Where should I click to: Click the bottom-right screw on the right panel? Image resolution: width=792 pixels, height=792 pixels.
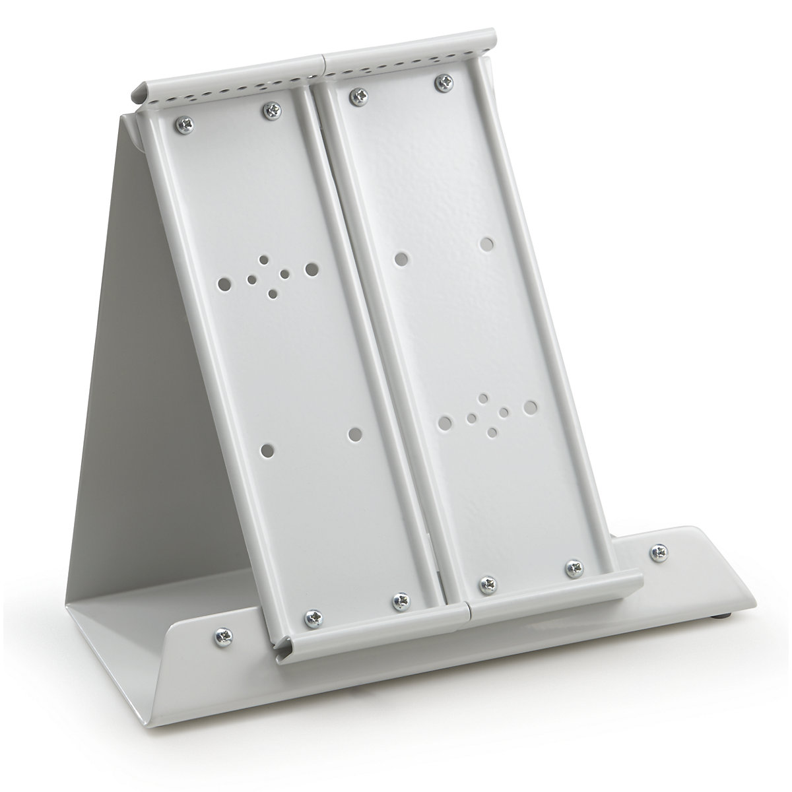click(572, 566)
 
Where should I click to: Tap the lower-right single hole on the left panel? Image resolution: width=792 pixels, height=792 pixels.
click(355, 434)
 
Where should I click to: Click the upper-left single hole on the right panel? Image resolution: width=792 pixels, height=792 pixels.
click(401, 258)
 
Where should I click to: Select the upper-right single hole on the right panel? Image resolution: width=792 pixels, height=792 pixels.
click(487, 244)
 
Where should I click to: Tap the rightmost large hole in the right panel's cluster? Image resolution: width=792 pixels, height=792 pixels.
click(529, 407)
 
